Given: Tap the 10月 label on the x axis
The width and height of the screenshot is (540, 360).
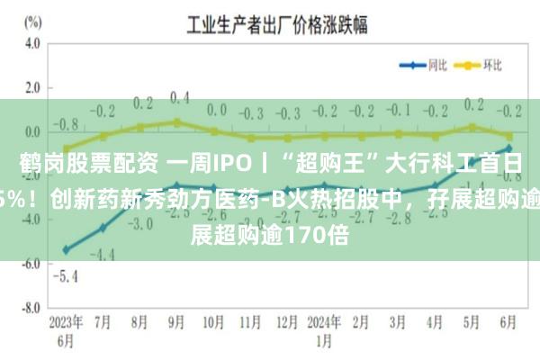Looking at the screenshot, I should [x=213, y=321].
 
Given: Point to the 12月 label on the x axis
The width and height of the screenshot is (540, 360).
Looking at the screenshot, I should [x=287, y=321].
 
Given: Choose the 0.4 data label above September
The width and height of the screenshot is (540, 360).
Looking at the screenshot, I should [x=179, y=97].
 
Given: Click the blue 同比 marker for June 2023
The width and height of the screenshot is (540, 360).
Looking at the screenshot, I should [x=65, y=249].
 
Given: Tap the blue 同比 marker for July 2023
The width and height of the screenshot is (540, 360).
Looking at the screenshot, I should [x=102, y=228].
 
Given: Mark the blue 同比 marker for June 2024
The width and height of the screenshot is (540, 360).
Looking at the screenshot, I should [x=508, y=148].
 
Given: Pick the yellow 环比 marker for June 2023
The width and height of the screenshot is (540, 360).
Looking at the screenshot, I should [x=65, y=148].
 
